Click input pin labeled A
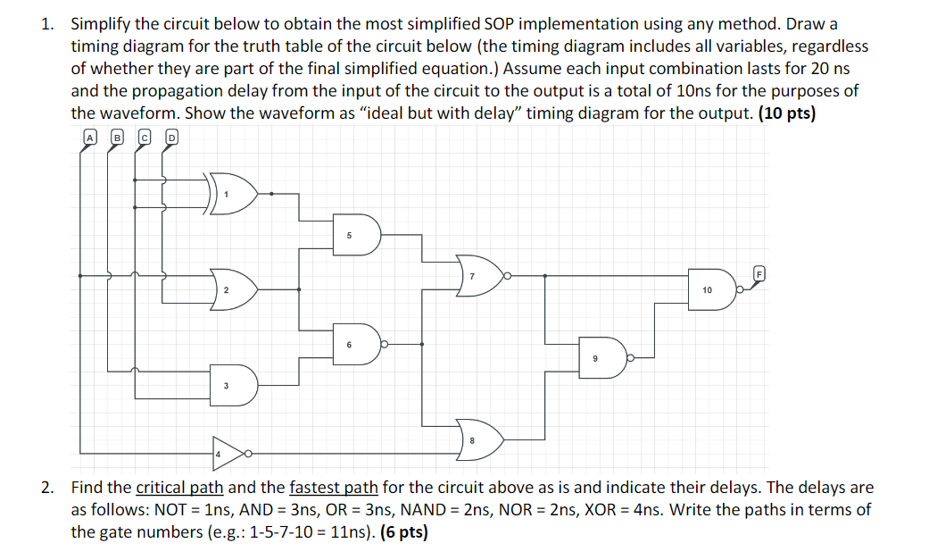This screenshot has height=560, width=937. click(89, 138)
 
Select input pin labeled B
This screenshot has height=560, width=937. click(116, 138)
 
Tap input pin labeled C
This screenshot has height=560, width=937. click(144, 138)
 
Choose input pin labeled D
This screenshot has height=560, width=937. click(171, 138)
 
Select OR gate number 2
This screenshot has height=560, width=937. click(233, 288)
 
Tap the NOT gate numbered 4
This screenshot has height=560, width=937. click(228, 454)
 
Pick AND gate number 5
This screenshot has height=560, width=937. click(355, 235)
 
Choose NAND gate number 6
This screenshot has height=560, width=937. click(355, 344)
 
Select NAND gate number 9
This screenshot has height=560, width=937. click(601, 357)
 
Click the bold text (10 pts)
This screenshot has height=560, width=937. click(786, 113)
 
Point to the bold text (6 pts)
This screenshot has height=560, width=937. click(403, 533)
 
